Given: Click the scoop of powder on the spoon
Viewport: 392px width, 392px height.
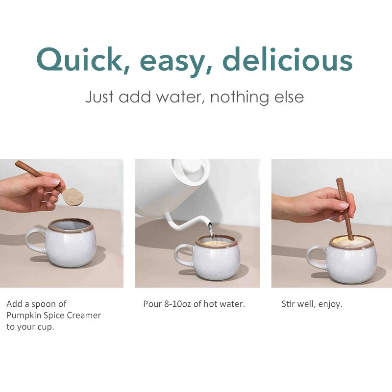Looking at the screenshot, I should pos(73,196).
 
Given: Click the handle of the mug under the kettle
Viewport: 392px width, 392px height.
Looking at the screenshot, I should pos(182,255).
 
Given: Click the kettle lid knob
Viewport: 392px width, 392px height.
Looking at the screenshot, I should pos(194,165).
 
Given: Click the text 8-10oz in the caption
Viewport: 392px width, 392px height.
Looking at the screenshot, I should pos(174,304).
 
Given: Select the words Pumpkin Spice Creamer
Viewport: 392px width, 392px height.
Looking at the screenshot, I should pos(53,315).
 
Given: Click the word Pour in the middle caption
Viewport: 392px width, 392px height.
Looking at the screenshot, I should pos(151,304).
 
